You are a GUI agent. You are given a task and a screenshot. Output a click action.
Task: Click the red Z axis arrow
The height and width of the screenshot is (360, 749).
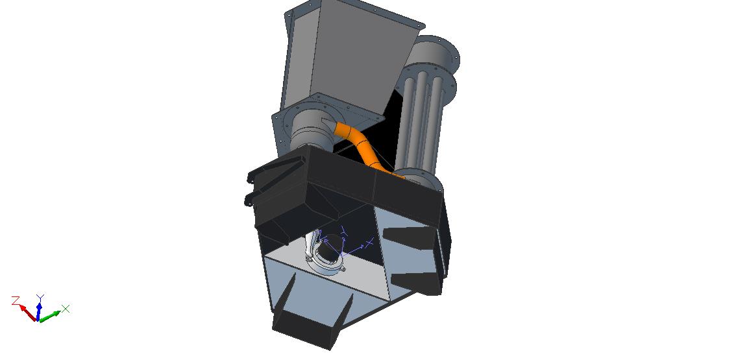click(28, 312)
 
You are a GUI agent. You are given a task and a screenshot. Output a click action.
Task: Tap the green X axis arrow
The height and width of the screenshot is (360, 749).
click(50, 316)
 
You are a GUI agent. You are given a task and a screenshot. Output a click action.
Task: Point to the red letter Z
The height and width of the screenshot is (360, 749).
click(16, 300)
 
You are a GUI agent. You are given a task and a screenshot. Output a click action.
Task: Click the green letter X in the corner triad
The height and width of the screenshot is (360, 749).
click(66, 309)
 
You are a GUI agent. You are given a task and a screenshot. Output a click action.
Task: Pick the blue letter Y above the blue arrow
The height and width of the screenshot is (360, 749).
click(41, 298)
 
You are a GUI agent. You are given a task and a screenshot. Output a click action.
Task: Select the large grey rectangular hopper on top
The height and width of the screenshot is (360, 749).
click(351, 55)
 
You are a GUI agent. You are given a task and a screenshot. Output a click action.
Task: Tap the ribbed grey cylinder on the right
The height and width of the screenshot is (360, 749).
click(421, 119)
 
